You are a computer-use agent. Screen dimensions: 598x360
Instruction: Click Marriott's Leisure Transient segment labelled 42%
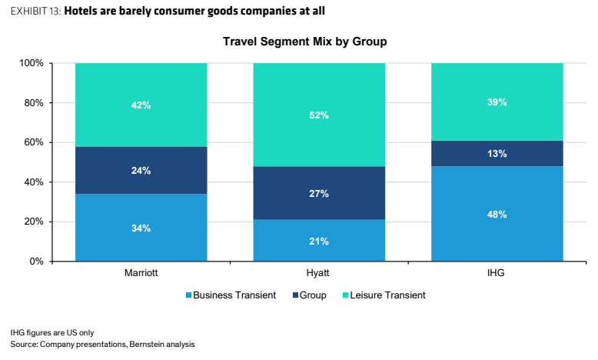141,105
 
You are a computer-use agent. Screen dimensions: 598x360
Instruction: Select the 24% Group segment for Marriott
141,170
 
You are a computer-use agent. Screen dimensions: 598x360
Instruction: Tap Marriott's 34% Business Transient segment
141,228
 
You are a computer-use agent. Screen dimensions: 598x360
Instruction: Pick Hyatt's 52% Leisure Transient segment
319,115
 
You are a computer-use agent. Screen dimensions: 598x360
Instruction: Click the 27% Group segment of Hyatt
319,193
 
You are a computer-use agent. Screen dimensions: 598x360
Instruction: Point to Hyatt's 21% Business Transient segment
319,241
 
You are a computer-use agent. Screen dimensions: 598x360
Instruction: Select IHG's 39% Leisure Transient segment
497,102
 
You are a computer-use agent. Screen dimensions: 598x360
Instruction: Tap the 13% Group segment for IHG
497,154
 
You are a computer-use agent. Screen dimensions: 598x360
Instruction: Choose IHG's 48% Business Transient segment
497,214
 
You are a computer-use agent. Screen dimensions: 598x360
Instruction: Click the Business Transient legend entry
231,295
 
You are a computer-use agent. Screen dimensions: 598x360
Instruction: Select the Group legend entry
309,295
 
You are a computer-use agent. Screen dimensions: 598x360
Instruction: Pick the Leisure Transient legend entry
384,295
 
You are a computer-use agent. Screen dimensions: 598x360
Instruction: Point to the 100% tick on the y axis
32,63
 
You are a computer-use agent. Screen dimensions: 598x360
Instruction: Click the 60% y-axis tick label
34,142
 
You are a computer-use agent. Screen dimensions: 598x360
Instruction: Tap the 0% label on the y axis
36,262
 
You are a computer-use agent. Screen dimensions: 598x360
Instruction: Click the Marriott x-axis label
141,273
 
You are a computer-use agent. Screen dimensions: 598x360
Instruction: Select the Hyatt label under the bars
317,273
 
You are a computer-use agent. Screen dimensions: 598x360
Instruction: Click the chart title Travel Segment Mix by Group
304,42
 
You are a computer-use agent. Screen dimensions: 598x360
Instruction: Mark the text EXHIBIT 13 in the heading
35,11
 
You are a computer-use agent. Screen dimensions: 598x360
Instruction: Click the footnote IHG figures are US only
51,332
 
